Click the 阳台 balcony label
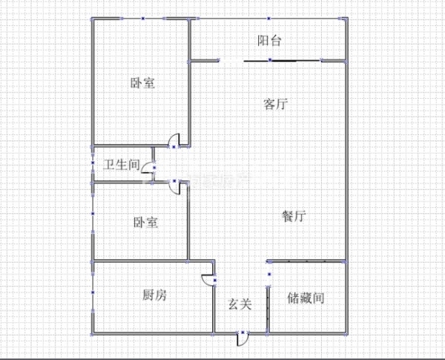tap(269, 41)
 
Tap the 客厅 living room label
tap(275, 104)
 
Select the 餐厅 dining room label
tap(294, 216)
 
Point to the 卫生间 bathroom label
tap(122, 165)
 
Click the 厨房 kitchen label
tap(154, 295)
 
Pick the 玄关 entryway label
tap(240, 304)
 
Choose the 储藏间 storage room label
tap(306, 298)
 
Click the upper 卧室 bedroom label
tap(142, 82)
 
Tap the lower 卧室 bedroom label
tap(145, 222)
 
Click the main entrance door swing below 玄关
tap(242, 339)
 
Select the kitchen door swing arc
tap(207, 280)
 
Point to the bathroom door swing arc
tap(147, 167)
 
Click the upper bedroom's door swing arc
tap(174, 140)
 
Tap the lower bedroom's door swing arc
tap(174, 188)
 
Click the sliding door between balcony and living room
tap(283, 61)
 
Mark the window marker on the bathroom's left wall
tap(93, 163)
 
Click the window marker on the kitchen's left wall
tap(93, 292)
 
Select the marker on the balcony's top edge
tap(268, 19)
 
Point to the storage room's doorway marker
tap(269, 274)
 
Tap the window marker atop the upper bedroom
tap(143, 19)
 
